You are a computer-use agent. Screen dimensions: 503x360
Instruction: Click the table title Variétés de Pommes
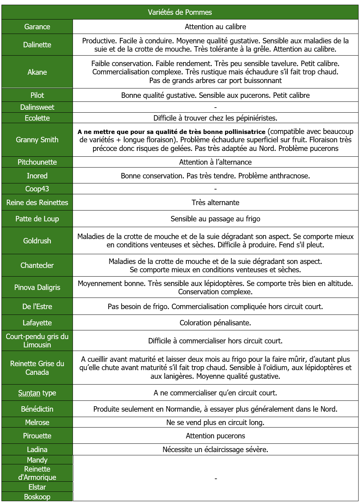pos(180,12)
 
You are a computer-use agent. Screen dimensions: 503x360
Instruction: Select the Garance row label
pos(37,27)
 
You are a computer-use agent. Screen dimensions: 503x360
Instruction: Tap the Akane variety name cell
pos(37,72)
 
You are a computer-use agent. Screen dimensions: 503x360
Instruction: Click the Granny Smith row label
pos(37,140)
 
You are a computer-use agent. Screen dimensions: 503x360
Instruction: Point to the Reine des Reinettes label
pos(37,203)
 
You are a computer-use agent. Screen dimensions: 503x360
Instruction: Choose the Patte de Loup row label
pos(37,219)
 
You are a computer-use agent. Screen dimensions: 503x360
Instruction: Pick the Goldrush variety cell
pos(37,241)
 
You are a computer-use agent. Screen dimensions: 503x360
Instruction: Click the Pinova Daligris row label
pos(37,287)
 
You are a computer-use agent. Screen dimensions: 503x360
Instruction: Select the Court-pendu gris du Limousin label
pos(37,341)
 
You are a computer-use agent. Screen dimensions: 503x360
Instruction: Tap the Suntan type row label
pos(37,393)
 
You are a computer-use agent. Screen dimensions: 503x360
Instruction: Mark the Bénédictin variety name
pos(37,409)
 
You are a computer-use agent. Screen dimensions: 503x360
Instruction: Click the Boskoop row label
pos(37,497)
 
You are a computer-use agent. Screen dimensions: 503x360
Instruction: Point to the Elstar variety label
pos(37,487)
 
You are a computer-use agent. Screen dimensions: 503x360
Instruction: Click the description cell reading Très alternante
pos(215,203)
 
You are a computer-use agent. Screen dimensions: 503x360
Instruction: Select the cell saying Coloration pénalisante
pos(215,323)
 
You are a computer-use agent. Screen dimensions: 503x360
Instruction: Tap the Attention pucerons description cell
pos(215,436)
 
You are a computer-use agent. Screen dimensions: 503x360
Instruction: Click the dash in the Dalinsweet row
pos(216,107)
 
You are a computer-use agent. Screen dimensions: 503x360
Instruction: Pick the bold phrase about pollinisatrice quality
pos(172,132)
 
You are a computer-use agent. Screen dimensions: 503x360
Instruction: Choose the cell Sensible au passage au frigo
pos(215,219)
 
